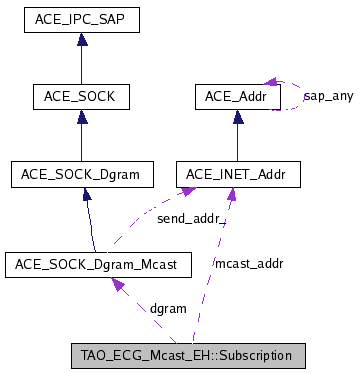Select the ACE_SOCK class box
tap(81, 96)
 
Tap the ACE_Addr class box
tap(238, 96)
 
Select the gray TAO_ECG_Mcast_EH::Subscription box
tap(187, 355)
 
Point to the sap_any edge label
tap(327, 96)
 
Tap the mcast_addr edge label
tap(249, 264)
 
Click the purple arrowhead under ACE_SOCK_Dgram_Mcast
tap(119, 286)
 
